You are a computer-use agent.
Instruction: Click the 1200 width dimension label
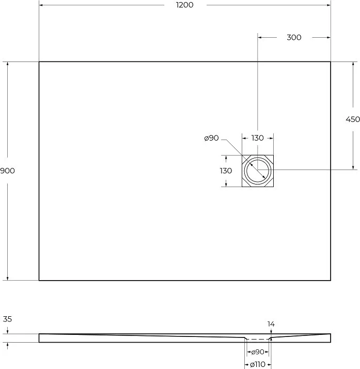tap(184, 5)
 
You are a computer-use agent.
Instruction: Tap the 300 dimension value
tap(294, 37)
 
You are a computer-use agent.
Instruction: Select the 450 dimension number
tap(353, 119)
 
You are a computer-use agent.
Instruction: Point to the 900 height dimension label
tap(7, 171)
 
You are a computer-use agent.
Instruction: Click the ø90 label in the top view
tap(211, 138)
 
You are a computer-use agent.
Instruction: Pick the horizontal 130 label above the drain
tap(258, 138)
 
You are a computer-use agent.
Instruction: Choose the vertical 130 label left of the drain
tap(226, 171)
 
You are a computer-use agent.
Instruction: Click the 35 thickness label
tap(7, 319)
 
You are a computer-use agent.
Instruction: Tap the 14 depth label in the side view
tap(271, 324)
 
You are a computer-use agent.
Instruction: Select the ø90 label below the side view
tap(258, 352)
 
